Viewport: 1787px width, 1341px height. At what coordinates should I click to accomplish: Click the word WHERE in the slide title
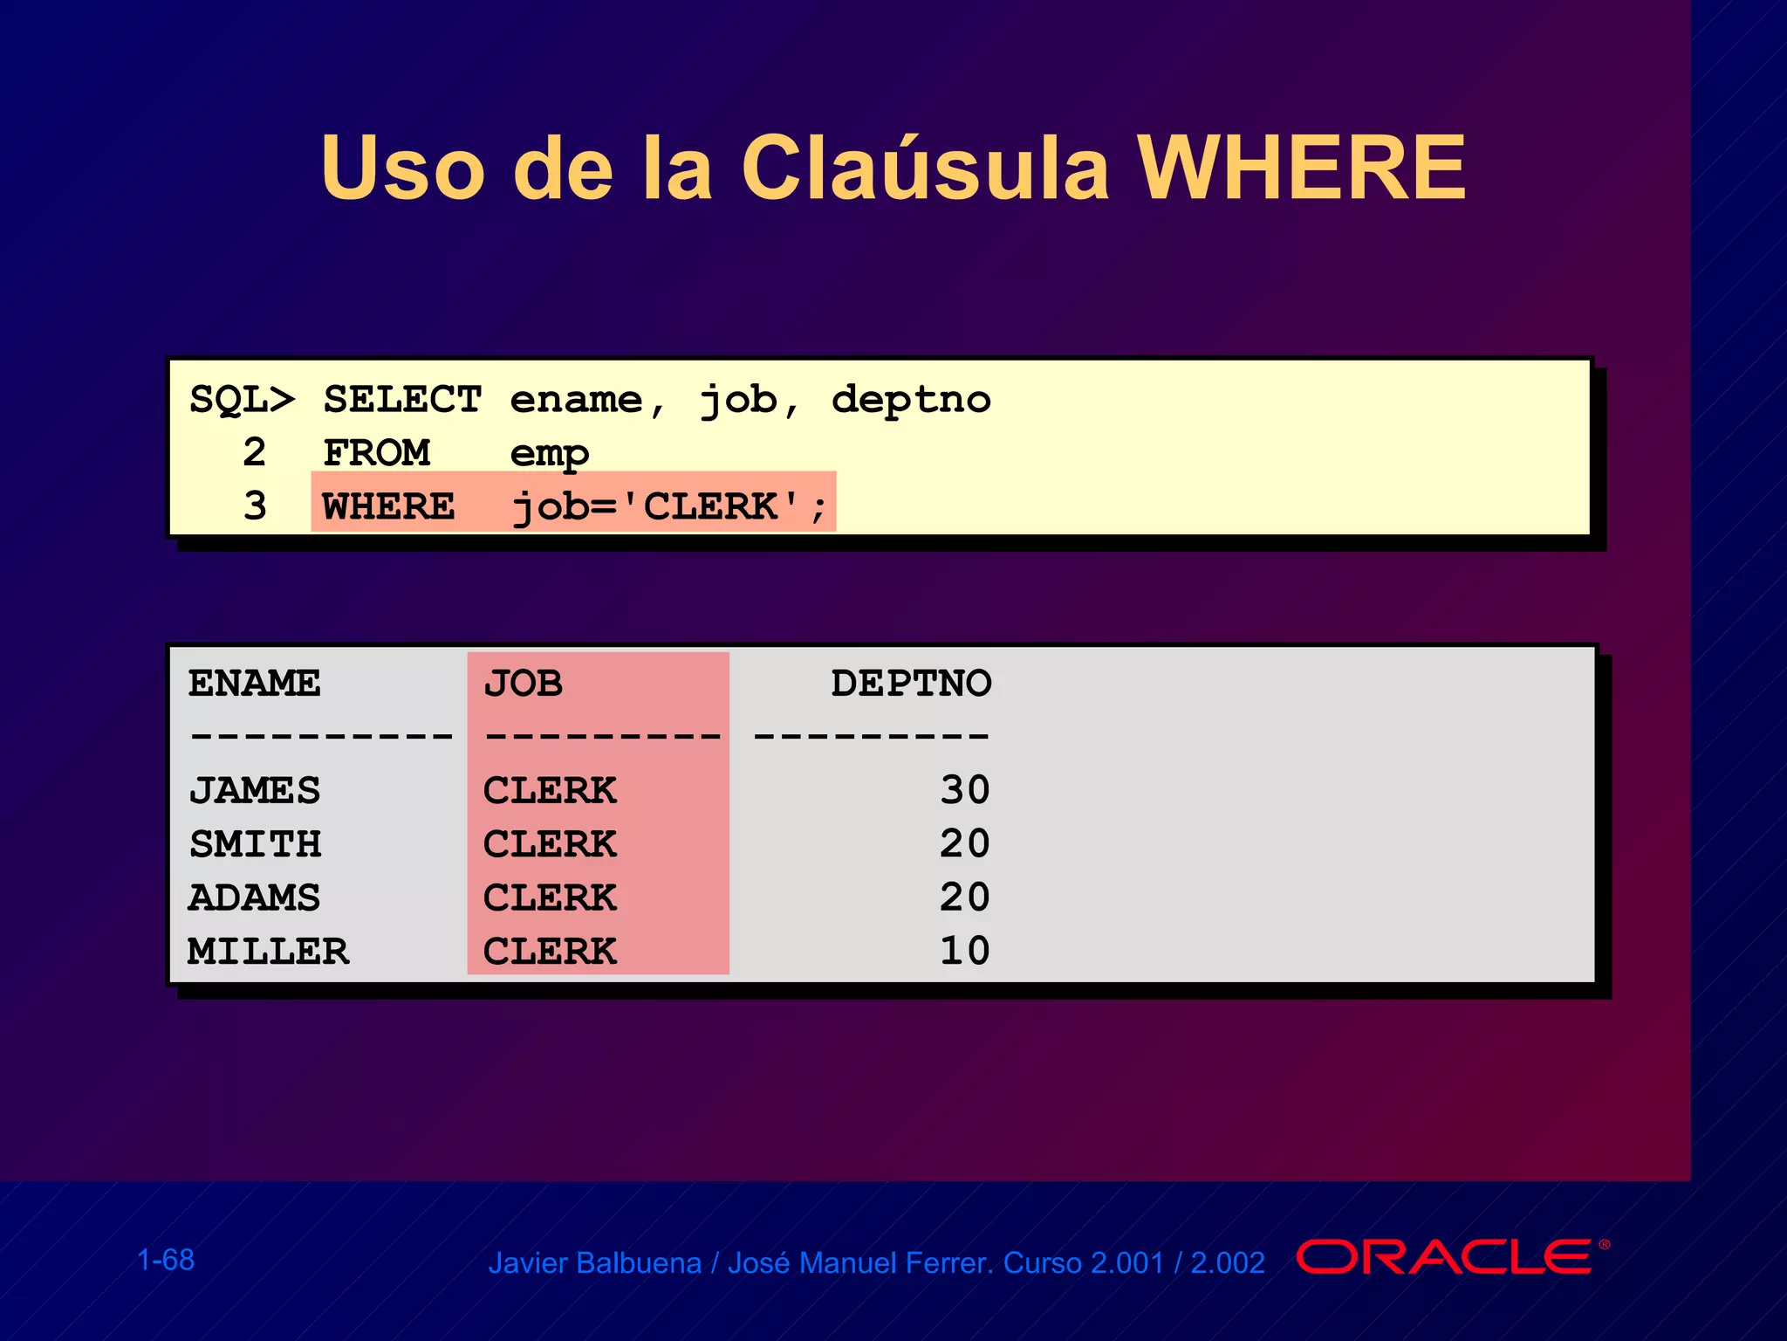[1302, 168]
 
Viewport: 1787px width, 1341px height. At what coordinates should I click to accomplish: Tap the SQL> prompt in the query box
[242, 400]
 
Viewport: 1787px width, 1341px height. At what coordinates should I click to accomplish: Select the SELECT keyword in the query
[402, 400]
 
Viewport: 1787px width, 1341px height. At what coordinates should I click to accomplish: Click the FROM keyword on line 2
[376, 453]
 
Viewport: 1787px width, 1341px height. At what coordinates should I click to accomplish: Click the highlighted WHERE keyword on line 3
[388, 506]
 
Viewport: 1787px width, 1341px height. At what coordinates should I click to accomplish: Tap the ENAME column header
[254, 684]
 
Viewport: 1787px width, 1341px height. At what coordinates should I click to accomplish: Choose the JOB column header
[523, 684]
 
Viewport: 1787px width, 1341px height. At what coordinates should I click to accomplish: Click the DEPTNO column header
[911, 684]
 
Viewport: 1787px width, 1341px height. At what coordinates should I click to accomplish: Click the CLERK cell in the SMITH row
[550, 844]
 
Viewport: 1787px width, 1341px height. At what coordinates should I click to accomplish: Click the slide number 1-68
[166, 1260]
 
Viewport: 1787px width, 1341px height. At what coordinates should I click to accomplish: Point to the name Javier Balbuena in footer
[594, 1263]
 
